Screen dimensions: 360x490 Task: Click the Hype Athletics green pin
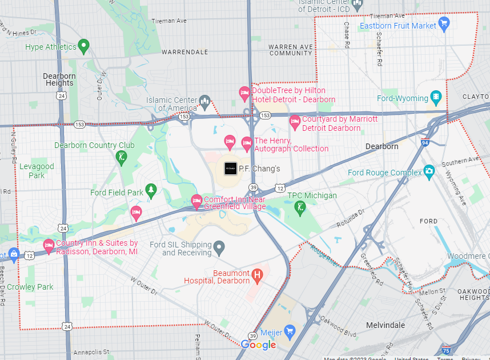(83, 46)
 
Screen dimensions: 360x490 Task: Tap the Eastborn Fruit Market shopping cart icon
(444, 24)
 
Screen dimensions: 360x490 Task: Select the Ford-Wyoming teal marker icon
(436, 97)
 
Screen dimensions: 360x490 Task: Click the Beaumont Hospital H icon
(256, 277)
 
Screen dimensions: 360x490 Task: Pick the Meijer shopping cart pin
(290, 330)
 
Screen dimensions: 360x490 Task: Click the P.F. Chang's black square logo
(230, 169)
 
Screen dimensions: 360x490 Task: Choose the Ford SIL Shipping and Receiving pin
(219, 249)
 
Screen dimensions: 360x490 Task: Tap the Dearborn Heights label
(59, 79)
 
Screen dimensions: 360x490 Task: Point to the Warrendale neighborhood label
(184, 51)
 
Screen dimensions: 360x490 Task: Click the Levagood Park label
(37, 171)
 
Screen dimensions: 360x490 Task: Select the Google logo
(258, 345)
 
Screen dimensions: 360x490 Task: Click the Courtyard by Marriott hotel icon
(295, 121)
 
